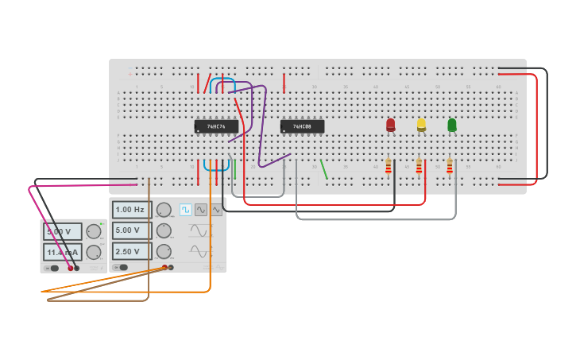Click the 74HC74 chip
(x=216, y=126)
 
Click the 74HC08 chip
(x=302, y=126)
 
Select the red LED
(x=390, y=125)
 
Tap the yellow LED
(x=421, y=125)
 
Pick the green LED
(x=452, y=125)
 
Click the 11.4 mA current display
(x=62, y=253)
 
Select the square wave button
(x=186, y=210)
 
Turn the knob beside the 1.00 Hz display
(x=164, y=210)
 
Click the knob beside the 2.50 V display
(x=164, y=251)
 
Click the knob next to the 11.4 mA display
(x=93, y=253)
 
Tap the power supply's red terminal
(x=70, y=269)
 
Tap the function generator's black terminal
(x=170, y=267)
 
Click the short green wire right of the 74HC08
(x=324, y=169)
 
